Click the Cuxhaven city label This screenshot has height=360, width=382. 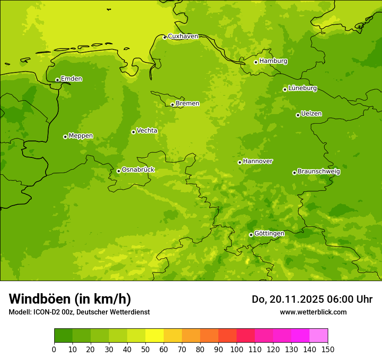(183, 36)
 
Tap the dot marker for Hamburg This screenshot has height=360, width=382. (256, 62)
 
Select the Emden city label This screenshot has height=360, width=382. (71, 79)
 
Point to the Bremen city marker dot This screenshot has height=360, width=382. (172, 105)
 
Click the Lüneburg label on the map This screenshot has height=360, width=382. (302, 88)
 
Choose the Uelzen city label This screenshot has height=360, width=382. (311, 114)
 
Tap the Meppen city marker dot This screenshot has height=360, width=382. (65, 137)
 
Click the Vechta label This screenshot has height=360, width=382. (147, 131)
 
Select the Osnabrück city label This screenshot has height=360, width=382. (138, 170)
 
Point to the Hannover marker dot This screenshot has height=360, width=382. (240, 162)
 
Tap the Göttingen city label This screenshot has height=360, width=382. (269, 233)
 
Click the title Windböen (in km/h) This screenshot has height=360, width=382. (70, 299)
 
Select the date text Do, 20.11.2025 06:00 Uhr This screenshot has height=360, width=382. (312, 299)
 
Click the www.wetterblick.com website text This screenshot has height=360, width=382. (313, 312)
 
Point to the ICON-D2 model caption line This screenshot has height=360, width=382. (79, 312)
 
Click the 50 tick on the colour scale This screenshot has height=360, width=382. (145, 349)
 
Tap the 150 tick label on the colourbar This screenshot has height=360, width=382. (328, 349)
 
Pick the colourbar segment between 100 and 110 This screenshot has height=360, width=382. (246, 336)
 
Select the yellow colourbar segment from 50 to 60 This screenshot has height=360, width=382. (155, 336)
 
